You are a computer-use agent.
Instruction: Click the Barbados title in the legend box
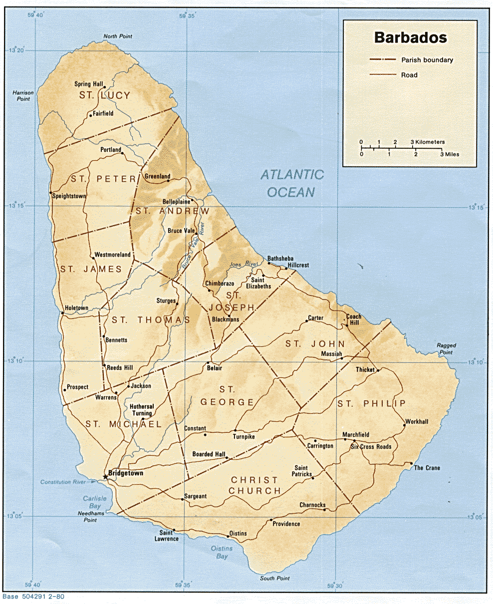pyautogui.click(x=410, y=38)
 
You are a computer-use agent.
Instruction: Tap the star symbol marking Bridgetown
pyautogui.click(x=105, y=477)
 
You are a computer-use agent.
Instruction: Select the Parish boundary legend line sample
pyautogui.click(x=383, y=60)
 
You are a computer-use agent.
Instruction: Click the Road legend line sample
pyautogui.click(x=383, y=75)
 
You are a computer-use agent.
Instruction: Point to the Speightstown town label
pyautogui.click(x=69, y=196)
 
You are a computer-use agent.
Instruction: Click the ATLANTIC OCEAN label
pyautogui.click(x=292, y=183)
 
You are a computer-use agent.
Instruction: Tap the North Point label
pyautogui.click(x=118, y=36)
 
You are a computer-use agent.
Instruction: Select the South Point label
pyautogui.click(x=274, y=578)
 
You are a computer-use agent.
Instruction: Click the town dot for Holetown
pyautogui.click(x=62, y=313)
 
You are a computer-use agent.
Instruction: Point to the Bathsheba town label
pyautogui.click(x=280, y=258)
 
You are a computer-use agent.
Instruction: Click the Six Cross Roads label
pyautogui.click(x=371, y=446)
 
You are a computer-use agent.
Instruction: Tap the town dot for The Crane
pyautogui.click(x=411, y=464)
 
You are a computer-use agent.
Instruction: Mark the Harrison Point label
pyautogui.click(x=23, y=95)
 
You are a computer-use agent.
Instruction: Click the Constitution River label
pyautogui.click(x=63, y=482)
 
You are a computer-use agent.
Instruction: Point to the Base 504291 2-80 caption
pyautogui.click(x=33, y=596)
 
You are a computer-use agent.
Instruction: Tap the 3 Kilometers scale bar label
pyautogui.click(x=427, y=142)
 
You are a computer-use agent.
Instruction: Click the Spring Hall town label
pyautogui.click(x=89, y=84)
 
